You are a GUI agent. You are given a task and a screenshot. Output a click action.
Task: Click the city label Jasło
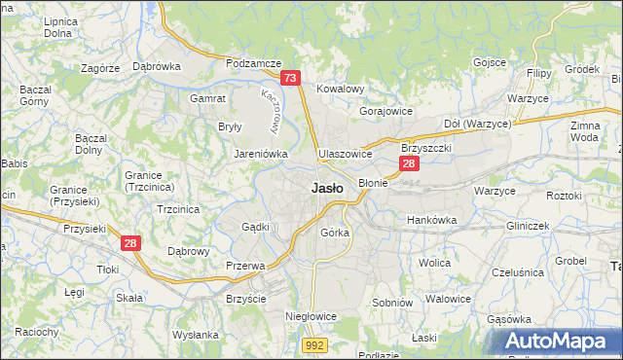click(326, 189)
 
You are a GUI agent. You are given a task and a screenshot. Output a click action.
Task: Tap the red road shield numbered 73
click(290, 78)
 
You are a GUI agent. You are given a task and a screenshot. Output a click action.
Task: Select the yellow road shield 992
click(313, 344)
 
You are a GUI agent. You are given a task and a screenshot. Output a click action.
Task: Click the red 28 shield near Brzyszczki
click(410, 163)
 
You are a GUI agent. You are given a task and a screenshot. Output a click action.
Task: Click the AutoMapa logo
click(562, 342)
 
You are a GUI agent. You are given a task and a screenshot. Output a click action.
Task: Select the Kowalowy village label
click(340, 89)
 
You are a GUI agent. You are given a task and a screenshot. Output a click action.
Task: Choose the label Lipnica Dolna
click(59, 26)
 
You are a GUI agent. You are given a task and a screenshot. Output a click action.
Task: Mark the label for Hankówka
click(431, 220)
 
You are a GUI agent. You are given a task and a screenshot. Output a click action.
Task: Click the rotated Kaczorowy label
click(274, 109)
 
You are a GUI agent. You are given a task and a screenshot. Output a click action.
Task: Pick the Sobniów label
click(395, 304)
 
